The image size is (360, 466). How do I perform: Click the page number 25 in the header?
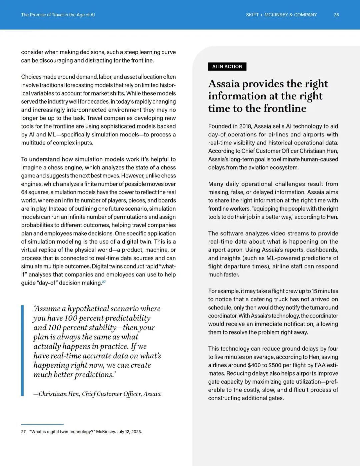(336, 15)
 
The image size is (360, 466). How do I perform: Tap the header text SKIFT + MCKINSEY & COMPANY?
(281, 15)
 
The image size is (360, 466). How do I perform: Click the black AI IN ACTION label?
(227, 66)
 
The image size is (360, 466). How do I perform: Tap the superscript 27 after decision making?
(104, 282)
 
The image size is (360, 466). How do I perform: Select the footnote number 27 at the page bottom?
(23, 432)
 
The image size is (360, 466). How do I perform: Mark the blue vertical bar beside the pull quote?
(22, 350)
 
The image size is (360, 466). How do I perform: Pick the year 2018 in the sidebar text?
(245, 126)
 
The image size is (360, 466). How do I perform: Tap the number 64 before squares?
(24, 192)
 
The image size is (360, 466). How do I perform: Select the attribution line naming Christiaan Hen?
(97, 394)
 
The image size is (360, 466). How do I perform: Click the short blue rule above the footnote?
(42, 424)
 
